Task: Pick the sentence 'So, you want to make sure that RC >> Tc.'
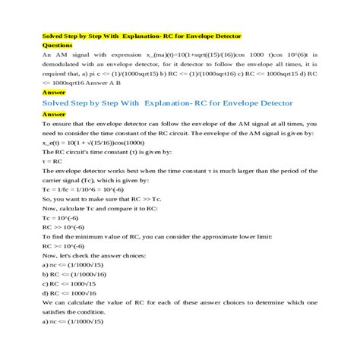(x=103, y=198)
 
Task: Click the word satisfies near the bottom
(x=58, y=311)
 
